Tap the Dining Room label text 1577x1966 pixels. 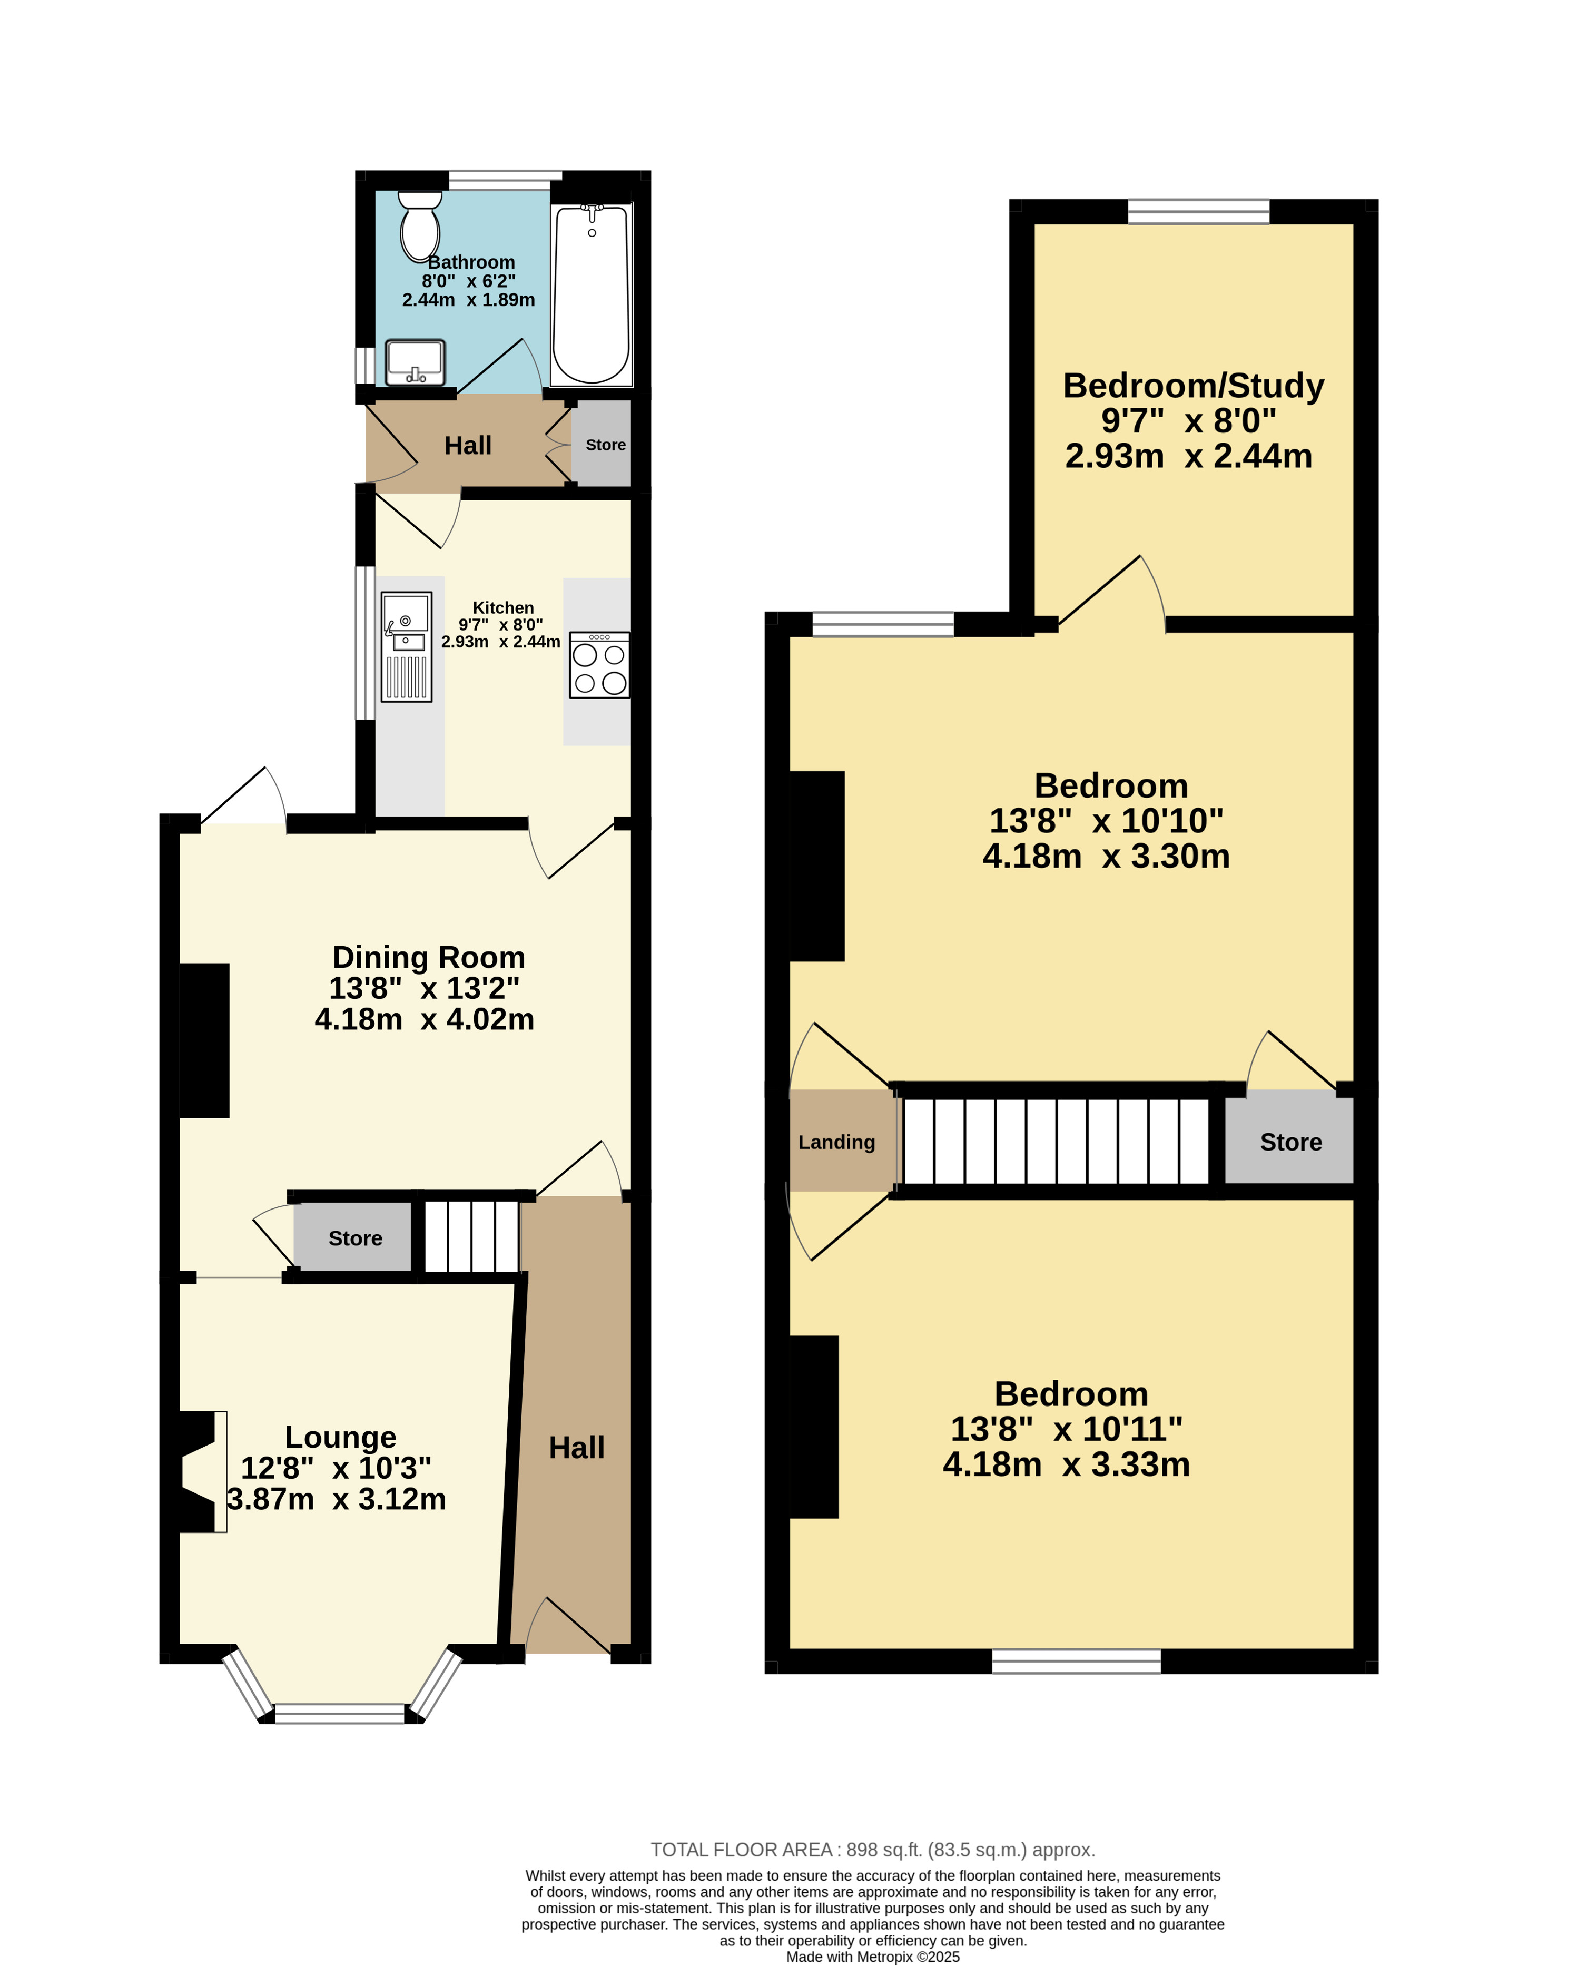coord(428,958)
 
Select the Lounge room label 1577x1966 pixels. coord(340,1437)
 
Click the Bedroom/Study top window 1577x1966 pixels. coord(1199,212)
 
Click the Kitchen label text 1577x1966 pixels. coord(503,607)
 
